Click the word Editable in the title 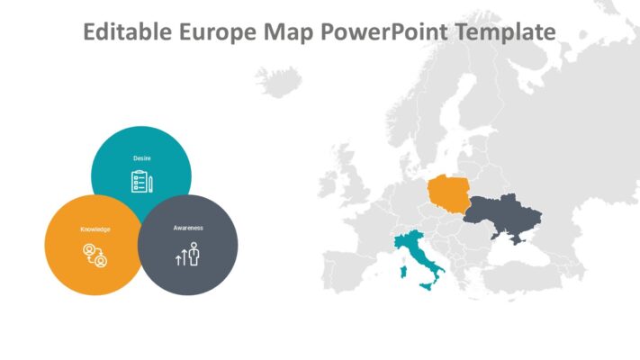127,31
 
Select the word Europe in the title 217,32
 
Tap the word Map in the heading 288,32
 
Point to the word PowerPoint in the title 384,31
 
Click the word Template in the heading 505,32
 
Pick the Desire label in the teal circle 141,158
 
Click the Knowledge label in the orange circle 95,229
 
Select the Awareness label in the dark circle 188,228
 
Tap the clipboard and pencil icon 141,181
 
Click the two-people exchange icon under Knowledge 95,255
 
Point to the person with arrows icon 188,254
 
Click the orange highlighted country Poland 448,193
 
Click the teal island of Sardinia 403,272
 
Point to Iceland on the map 279,82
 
